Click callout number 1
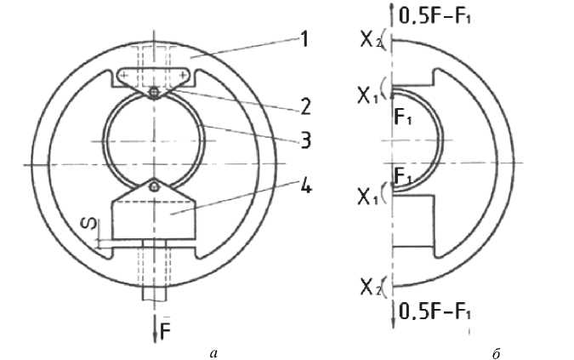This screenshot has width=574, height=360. click(x=304, y=39)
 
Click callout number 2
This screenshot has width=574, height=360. click(x=305, y=106)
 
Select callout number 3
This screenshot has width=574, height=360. click(x=305, y=140)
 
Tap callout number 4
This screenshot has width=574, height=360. click(x=306, y=186)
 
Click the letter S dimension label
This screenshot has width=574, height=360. click(x=94, y=223)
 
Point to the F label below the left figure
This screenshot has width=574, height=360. click(x=166, y=332)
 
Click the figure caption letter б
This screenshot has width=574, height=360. click(x=496, y=353)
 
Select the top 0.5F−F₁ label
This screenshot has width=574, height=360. click(x=435, y=16)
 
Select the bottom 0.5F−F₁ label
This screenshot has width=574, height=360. click(x=435, y=312)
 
